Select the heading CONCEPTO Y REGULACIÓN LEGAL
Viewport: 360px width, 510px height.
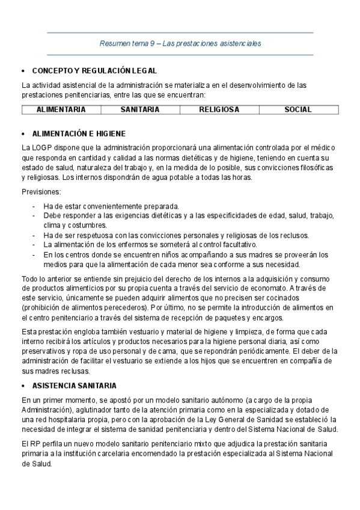click(94, 70)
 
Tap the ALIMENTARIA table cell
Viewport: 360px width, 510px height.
click(61, 109)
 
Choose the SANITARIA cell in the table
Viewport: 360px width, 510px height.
click(140, 109)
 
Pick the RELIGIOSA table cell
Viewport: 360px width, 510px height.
click(219, 109)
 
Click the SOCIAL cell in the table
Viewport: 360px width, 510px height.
click(298, 109)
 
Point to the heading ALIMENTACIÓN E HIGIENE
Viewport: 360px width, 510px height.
click(79, 134)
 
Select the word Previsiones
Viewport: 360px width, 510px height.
click(41, 192)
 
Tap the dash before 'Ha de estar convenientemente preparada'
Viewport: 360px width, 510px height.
click(34, 206)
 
